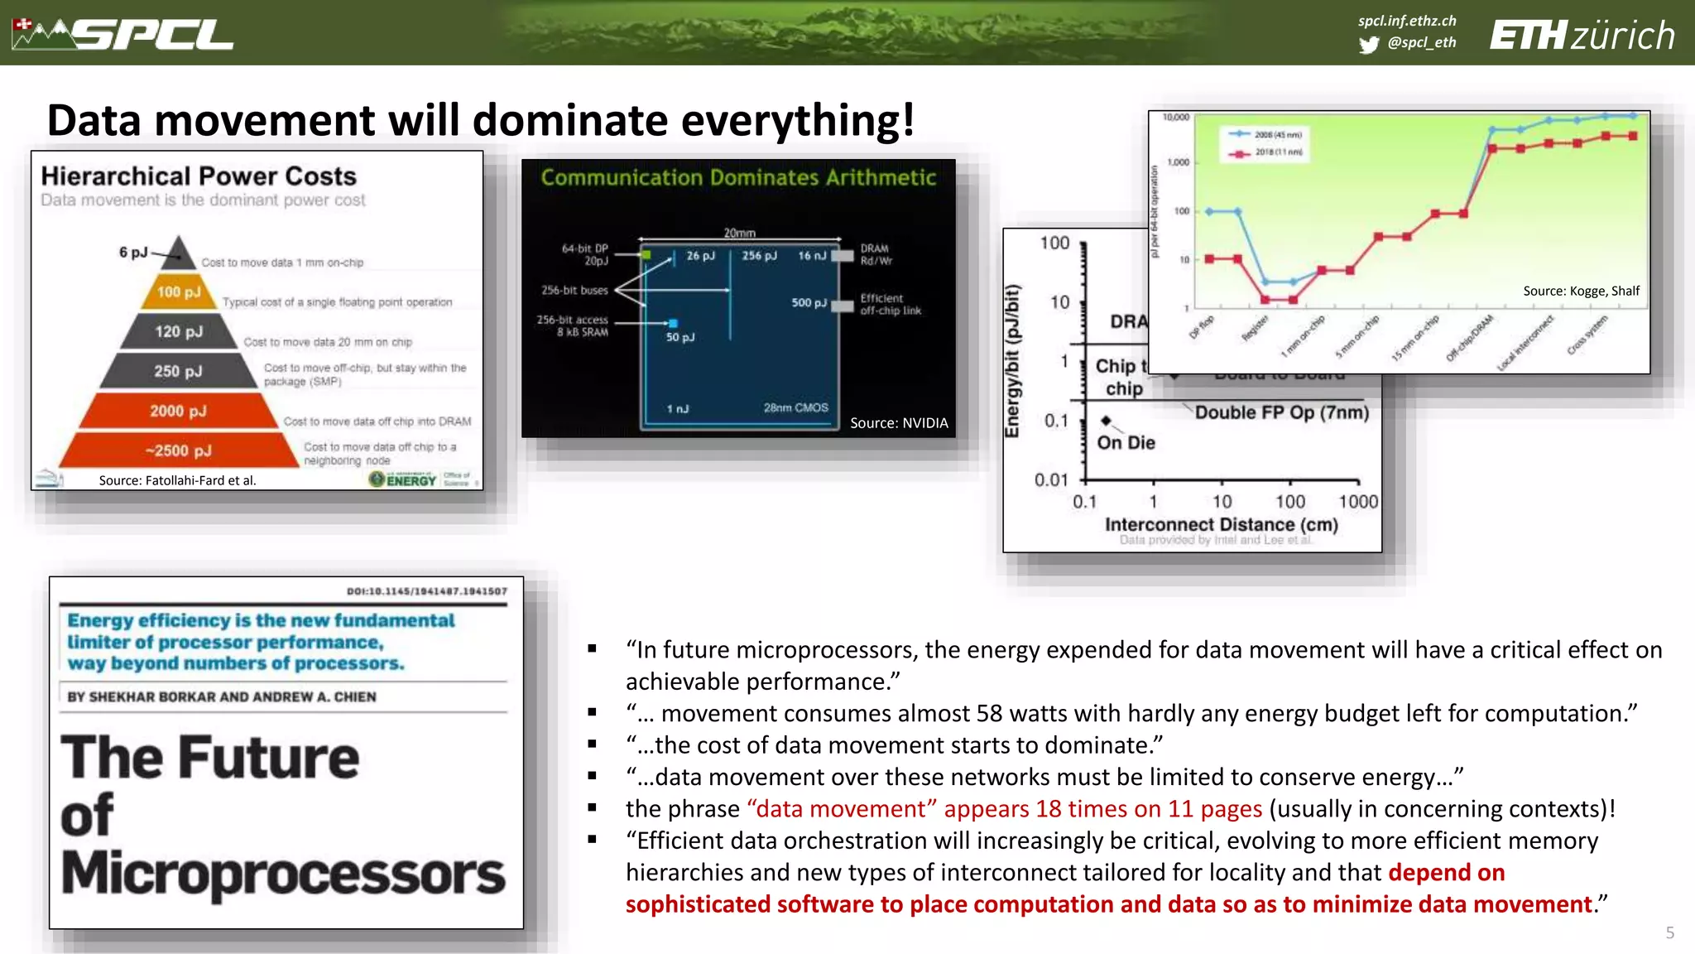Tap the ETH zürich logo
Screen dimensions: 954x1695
pyautogui.click(x=1582, y=36)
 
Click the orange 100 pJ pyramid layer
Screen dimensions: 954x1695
pyautogui.click(x=179, y=292)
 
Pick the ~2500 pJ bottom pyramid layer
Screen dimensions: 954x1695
pyautogui.click(x=179, y=450)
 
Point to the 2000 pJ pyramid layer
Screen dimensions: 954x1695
pyautogui.click(x=178, y=411)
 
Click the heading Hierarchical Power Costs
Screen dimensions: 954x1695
pyautogui.click(x=199, y=176)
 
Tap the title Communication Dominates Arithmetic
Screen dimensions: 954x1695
pyautogui.click(x=738, y=177)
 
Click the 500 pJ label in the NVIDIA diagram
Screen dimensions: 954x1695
pyautogui.click(x=809, y=303)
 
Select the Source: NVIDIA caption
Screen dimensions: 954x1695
pyautogui.click(x=899, y=423)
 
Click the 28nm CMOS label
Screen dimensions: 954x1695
pyautogui.click(x=795, y=407)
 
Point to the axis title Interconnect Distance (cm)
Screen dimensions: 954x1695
pyautogui.click(x=1221, y=524)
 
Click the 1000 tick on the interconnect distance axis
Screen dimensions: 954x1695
pyautogui.click(x=1358, y=502)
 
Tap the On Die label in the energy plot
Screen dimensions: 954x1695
pyautogui.click(x=1126, y=443)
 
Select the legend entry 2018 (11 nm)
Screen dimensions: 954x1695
pyautogui.click(x=1278, y=152)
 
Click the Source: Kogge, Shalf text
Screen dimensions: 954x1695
pyautogui.click(x=1581, y=291)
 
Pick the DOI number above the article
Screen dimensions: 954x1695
pyautogui.click(x=426, y=591)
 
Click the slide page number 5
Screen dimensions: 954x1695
pyautogui.click(x=1669, y=932)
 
